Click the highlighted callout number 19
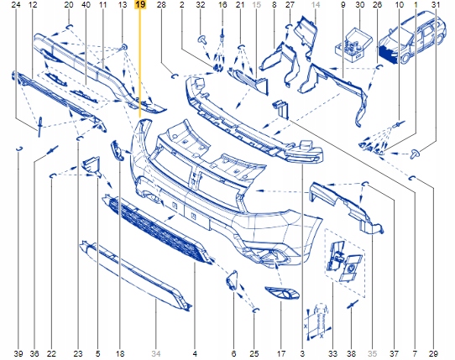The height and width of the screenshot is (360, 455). (139, 6)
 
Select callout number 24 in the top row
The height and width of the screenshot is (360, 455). (17, 6)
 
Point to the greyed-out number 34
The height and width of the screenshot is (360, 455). (155, 353)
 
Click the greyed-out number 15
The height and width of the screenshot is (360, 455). (256, 6)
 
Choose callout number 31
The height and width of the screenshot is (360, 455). (434, 6)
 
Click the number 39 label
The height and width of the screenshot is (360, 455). (18, 353)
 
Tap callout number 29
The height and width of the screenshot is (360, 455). (434, 353)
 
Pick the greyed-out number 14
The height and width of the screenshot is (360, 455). (316, 6)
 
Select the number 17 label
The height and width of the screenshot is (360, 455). (281, 353)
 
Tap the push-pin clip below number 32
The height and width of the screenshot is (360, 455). (202, 39)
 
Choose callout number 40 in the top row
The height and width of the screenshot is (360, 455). (85, 6)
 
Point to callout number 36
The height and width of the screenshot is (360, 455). (35, 353)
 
